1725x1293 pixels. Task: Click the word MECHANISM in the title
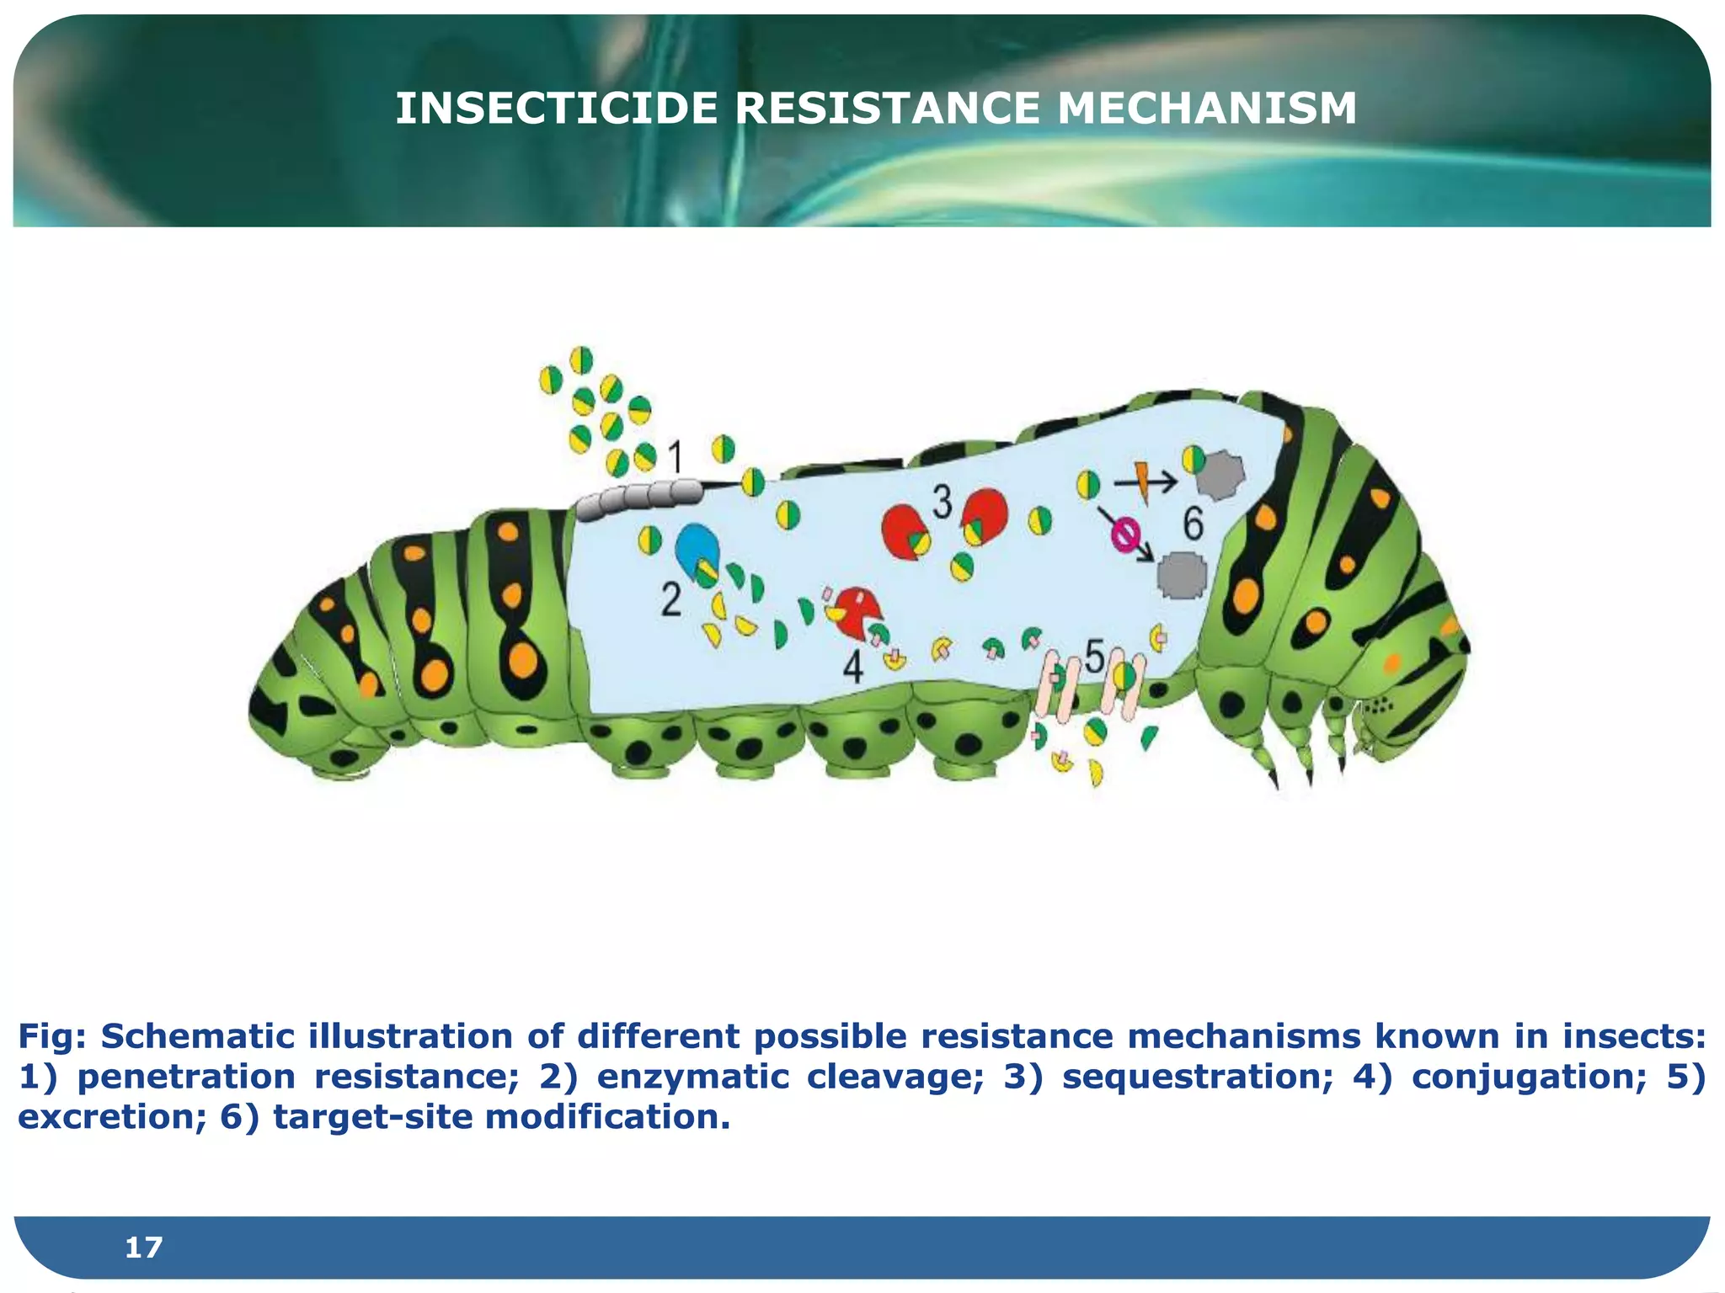(1206, 109)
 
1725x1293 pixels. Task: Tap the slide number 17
(143, 1247)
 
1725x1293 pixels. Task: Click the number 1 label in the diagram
(675, 458)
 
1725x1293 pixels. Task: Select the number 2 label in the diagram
(670, 600)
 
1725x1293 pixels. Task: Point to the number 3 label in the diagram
(942, 503)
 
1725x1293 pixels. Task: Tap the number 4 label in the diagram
(853, 668)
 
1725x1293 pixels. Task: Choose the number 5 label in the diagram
(1094, 656)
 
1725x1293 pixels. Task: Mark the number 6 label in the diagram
(1194, 524)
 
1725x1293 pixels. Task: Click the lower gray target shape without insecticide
(1183, 575)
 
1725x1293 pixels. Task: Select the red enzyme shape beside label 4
(857, 610)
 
